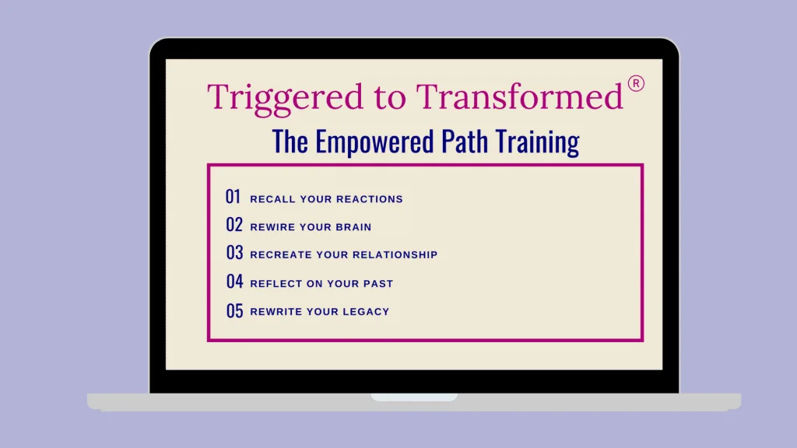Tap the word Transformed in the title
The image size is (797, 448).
(x=519, y=96)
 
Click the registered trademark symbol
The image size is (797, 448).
(x=636, y=83)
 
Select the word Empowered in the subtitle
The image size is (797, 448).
(x=374, y=142)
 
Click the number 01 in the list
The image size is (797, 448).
(x=233, y=197)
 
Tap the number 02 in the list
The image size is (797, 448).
(x=234, y=225)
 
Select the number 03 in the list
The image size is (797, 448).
(x=235, y=253)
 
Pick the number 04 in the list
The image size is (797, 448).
(x=235, y=282)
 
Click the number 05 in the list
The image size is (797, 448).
(x=235, y=311)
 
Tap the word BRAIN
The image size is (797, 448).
(x=353, y=227)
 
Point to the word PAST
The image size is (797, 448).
(x=378, y=283)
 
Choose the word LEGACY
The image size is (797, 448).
(x=366, y=311)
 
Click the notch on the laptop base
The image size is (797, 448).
(x=414, y=397)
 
